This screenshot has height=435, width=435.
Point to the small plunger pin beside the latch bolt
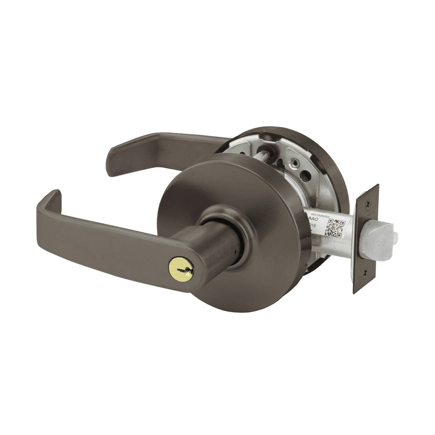[x=395, y=237]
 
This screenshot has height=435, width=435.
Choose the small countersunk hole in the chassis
[x=298, y=161]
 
